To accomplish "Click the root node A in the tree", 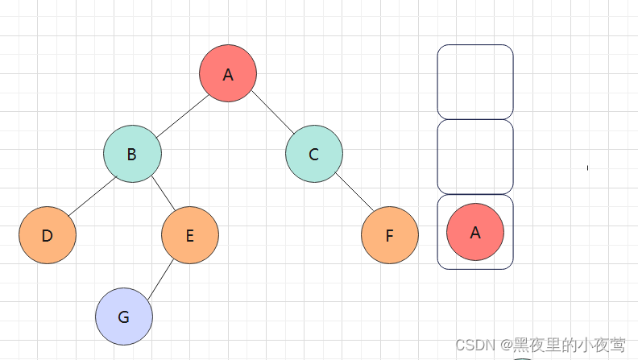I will pos(228,74).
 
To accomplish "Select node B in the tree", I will pos(132,154).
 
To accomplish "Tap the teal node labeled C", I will pos(314,154).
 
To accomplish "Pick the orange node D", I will pos(48,235).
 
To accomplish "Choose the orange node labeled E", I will pos(190,235).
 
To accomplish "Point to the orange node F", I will pos(390,235).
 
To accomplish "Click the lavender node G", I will pos(124,317).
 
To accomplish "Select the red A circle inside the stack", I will pos(475,232).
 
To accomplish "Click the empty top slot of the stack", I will pos(475,81).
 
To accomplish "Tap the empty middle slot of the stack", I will pos(475,157).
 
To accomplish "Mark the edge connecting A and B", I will pos(180,114).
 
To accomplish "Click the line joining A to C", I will pos(271,114).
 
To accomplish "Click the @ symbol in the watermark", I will pos(506,346).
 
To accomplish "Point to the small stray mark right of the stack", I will pos(588,168).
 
